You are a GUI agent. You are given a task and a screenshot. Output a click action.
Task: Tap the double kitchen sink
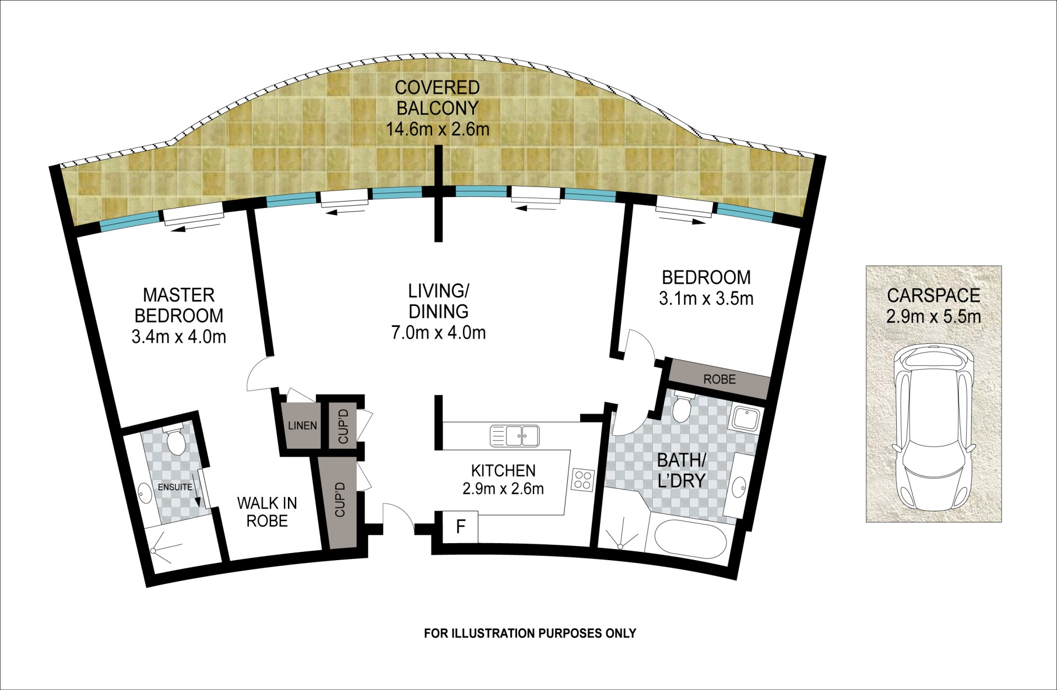[x=515, y=436]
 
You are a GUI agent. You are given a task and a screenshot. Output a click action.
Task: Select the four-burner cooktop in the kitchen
[x=583, y=479]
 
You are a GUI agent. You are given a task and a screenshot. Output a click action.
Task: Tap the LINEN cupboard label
[x=302, y=425]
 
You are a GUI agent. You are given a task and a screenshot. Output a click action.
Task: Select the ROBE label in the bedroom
[x=720, y=379]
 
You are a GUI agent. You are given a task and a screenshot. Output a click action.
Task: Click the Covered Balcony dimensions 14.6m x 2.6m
[x=438, y=129]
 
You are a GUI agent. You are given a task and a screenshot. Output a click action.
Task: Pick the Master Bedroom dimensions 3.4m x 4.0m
[x=179, y=336]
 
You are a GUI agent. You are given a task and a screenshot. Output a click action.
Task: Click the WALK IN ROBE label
[x=267, y=512]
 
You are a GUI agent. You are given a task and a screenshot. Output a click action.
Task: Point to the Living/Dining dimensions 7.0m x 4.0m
[x=439, y=332]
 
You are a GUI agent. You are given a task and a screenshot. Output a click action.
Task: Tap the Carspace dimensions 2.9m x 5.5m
[x=934, y=316]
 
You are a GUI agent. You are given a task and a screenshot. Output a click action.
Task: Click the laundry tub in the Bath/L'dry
[x=745, y=419]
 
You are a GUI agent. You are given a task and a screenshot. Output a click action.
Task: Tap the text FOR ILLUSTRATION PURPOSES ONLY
[x=530, y=633]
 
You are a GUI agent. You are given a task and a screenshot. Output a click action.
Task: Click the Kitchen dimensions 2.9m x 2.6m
[x=503, y=488]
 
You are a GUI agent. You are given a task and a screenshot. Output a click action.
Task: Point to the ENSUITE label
[x=175, y=487]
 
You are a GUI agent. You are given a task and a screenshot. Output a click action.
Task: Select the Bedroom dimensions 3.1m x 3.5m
[x=706, y=298]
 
